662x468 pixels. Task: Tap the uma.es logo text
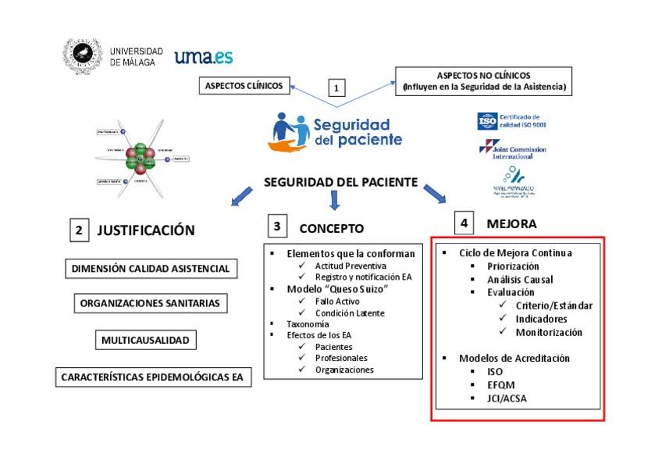[x=203, y=57]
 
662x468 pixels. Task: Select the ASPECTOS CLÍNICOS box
[x=244, y=85]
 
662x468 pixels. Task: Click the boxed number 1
[x=336, y=88]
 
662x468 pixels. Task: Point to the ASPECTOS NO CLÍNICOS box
[x=484, y=80]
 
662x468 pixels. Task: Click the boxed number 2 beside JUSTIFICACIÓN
[x=77, y=230]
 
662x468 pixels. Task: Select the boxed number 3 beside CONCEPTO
[x=276, y=227]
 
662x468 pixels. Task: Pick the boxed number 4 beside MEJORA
[x=464, y=223]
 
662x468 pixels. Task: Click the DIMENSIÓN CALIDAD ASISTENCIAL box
[x=151, y=269]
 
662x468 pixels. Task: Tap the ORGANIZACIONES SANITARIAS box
[x=150, y=304]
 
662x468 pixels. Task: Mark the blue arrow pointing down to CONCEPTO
[x=336, y=200]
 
